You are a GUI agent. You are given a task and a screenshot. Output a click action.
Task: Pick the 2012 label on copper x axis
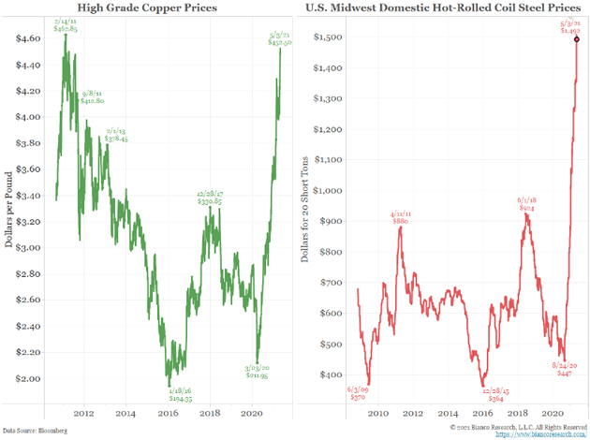82,411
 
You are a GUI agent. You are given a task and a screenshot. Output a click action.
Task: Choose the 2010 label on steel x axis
378,411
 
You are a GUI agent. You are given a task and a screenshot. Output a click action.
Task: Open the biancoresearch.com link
541,433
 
